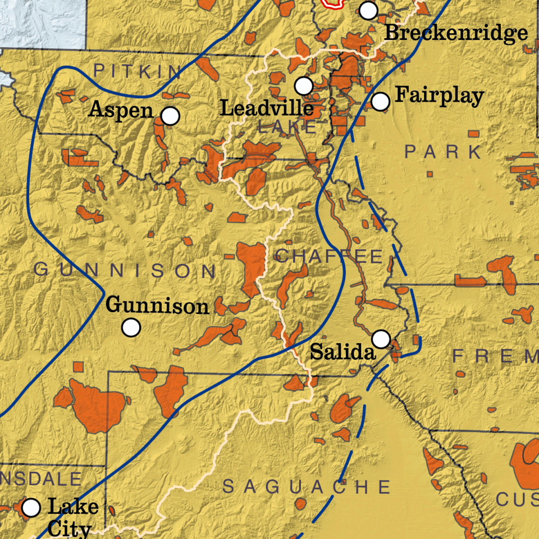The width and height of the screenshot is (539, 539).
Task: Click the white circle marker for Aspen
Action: click(x=170, y=116)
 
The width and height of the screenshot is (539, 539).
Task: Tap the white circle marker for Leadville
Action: click(x=304, y=86)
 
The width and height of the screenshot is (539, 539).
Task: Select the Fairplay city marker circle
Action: click(x=381, y=102)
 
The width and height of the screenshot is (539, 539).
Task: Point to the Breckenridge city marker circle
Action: click(x=368, y=10)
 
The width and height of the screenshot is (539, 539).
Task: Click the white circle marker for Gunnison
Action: click(x=131, y=327)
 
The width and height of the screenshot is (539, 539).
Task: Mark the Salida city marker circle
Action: click(x=381, y=339)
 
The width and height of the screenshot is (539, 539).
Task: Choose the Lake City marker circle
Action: click(x=31, y=508)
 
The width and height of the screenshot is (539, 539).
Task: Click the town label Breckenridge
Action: click(x=456, y=33)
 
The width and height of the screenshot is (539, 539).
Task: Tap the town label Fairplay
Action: click(x=439, y=95)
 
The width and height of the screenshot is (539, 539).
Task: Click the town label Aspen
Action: click(x=121, y=109)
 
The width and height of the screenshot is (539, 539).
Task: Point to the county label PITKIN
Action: click(x=138, y=71)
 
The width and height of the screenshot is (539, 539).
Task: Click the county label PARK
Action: click(x=444, y=152)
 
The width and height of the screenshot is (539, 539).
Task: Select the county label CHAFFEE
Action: click(x=330, y=257)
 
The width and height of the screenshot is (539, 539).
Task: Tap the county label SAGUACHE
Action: click(x=307, y=487)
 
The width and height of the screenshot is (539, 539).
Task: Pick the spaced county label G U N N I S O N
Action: click(x=125, y=271)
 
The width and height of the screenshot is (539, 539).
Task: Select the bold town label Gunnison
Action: click(x=157, y=307)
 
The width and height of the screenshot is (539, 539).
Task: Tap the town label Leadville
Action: click(x=267, y=108)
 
